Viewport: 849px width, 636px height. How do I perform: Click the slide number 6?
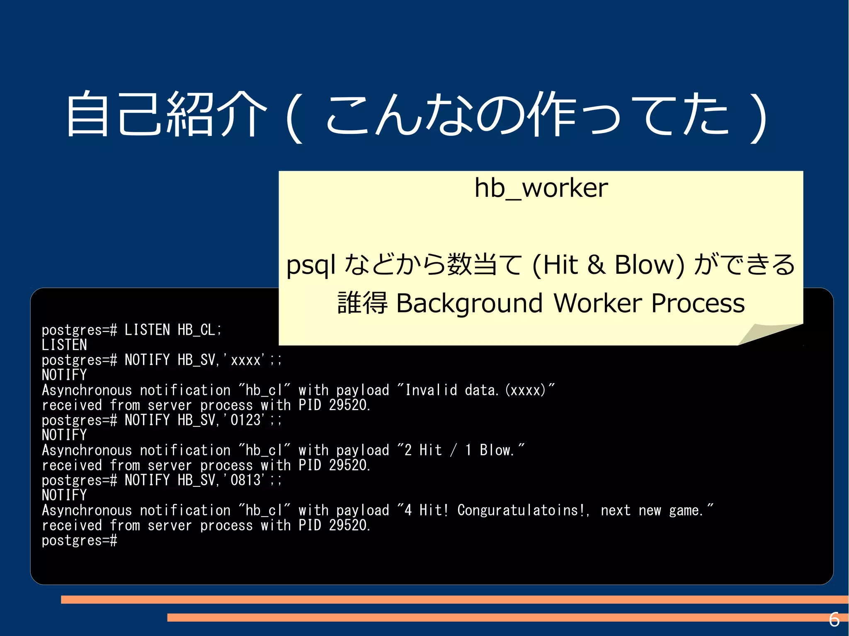pyautogui.click(x=834, y=620)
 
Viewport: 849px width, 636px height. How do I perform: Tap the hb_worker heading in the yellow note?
pyautogui.click(x=541, y=188)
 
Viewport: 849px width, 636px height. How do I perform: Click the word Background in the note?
pyautogui.click(x=469, y=303)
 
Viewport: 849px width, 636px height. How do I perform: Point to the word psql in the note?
pyautogui.click(x=310, y=265)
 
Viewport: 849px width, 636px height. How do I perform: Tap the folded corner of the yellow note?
pyautogui.click(x=767, y=334)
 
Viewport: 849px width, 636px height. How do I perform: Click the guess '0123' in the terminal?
pyautogui.click(x=245, y=420)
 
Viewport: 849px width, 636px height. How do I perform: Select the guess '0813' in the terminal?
pyautogui.click(x=245, y=480)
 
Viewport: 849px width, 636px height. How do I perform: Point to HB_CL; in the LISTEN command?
pyautogui.click(x=200, y=330)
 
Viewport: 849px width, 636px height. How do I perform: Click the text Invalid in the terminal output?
pyautogui.click(x=431, y=390)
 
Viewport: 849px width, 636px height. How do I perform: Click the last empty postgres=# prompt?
pyautogui.click(x=79, y=540)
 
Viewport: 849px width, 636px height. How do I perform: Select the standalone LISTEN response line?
pyautogui.click(x=64, y=345)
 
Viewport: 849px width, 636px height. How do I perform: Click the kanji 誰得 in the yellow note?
pyautogui.click(x=362, y=303)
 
